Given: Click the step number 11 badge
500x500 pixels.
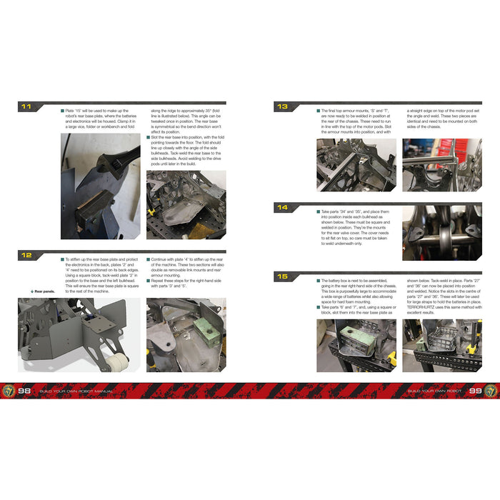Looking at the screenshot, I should click(26, 107).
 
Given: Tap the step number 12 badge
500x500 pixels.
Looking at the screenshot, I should click(26, 254).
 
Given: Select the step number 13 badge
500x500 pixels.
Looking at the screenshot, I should click(282, 107).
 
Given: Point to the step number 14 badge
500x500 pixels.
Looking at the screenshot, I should click(282, 209).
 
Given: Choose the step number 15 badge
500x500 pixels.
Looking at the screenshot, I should click(282, 276).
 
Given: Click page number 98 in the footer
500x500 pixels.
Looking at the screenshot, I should click(26, 391).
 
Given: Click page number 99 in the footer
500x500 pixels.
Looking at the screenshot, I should click(475, 391).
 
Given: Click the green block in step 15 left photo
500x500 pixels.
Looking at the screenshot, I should click(350, 335).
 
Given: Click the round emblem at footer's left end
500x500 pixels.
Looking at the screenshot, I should click(9, 391).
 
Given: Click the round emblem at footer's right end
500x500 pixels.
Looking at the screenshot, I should click(491, 391).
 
